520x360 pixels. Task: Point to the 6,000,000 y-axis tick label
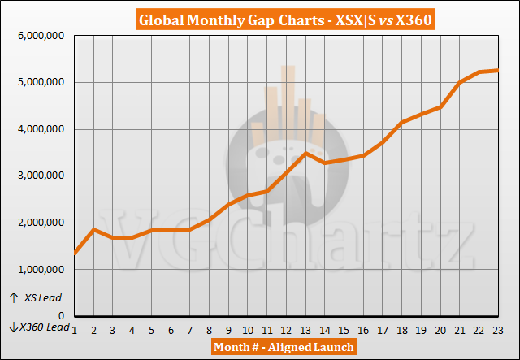click(38, 35)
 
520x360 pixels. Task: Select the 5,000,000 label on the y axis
click(38, 82)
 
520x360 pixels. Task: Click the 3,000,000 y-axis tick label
click(38, 176)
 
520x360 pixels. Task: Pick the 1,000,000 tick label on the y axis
click(38, 269)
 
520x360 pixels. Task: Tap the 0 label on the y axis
click(64, 315)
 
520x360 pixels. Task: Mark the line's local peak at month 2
click(94, 229)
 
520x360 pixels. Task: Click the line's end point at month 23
click(496, 71)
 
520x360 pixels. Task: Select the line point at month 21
click(458, 82)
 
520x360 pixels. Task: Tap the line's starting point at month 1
click(75, 253)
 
